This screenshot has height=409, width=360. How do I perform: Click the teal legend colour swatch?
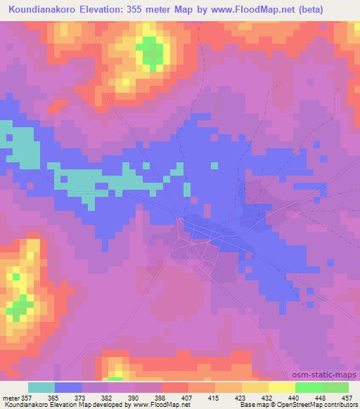(x=41, y=387)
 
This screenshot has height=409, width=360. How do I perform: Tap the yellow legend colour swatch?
(x=281, y=387)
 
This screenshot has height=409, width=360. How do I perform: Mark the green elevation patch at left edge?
(x=20, y=306)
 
